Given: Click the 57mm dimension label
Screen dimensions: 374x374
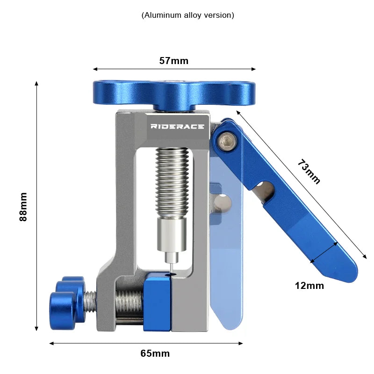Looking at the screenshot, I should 173,61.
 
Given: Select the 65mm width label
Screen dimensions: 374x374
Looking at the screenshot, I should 155,353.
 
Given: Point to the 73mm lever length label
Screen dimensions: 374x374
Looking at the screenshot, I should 309,172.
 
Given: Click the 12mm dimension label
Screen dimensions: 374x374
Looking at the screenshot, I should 309,285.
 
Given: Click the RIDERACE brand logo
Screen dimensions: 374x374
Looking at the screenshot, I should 177,126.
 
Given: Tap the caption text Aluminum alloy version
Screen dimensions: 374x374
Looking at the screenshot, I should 187,15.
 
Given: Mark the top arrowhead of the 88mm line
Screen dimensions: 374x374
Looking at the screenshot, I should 36,83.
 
